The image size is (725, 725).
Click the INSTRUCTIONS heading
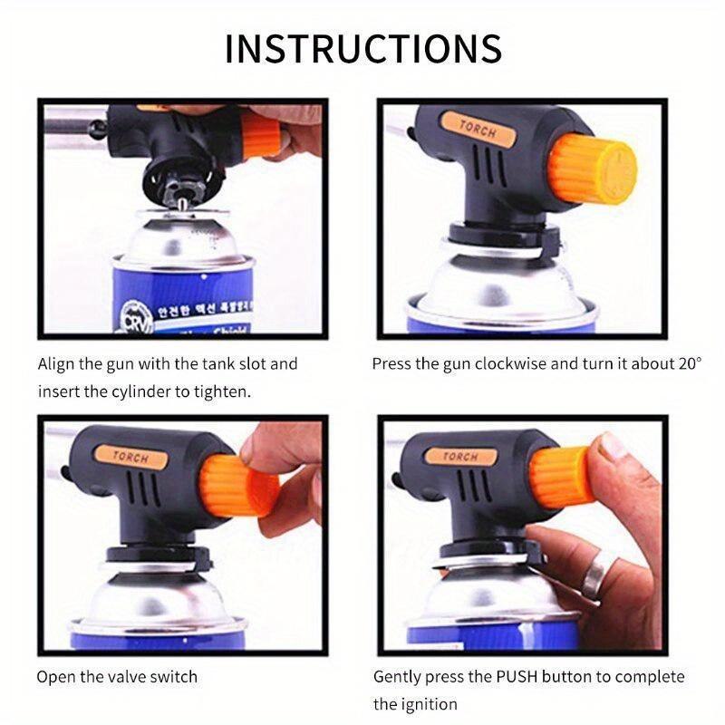click(362, 47)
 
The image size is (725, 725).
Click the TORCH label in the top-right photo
click(478, 130)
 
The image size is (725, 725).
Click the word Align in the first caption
click(57, 364)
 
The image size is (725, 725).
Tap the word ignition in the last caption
click(428, 704)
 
